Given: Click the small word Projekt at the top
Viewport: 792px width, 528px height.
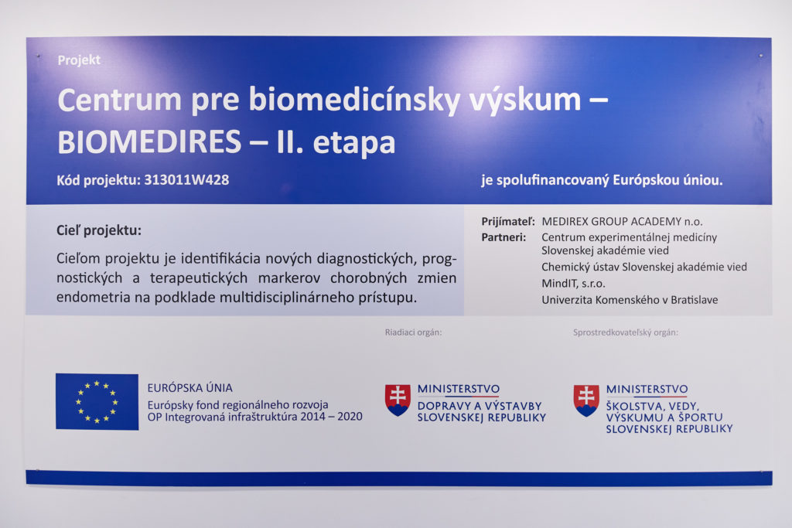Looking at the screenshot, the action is click(79, 60).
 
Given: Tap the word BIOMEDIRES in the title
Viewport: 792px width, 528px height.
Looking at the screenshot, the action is click(149, 141).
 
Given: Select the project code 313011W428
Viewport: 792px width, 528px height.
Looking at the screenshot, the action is click(186, 179).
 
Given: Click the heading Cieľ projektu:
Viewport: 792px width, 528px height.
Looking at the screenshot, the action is click(99, 230).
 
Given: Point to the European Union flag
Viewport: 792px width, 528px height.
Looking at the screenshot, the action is click(97, 402).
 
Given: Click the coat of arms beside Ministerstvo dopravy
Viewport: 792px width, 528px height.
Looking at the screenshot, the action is click(398, 400).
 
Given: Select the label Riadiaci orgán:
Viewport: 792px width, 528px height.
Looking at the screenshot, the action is click(413, 332).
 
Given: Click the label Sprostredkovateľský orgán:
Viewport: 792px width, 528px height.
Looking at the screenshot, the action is click(625, 332).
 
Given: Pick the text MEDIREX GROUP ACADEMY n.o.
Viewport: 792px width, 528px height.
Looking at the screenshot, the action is click(622, 222).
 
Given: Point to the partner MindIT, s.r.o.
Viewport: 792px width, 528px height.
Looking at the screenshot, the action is click(573, 284).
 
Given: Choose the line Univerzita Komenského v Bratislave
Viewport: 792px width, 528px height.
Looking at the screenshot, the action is click(630, 300).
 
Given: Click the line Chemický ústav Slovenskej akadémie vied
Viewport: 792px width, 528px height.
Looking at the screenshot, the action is click(644, 267).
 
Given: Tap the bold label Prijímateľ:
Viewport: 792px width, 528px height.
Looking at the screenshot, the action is click(507, 222).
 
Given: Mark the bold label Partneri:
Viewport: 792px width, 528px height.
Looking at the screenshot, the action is click(504, 237).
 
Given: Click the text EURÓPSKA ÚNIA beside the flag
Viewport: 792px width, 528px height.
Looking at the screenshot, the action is click(190, 387).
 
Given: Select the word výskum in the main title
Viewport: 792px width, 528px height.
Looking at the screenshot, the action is click(525, 100).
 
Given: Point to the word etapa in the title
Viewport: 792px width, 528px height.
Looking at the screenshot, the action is click(353, 143).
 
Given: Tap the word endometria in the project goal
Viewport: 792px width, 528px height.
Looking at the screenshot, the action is click(94, 298).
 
